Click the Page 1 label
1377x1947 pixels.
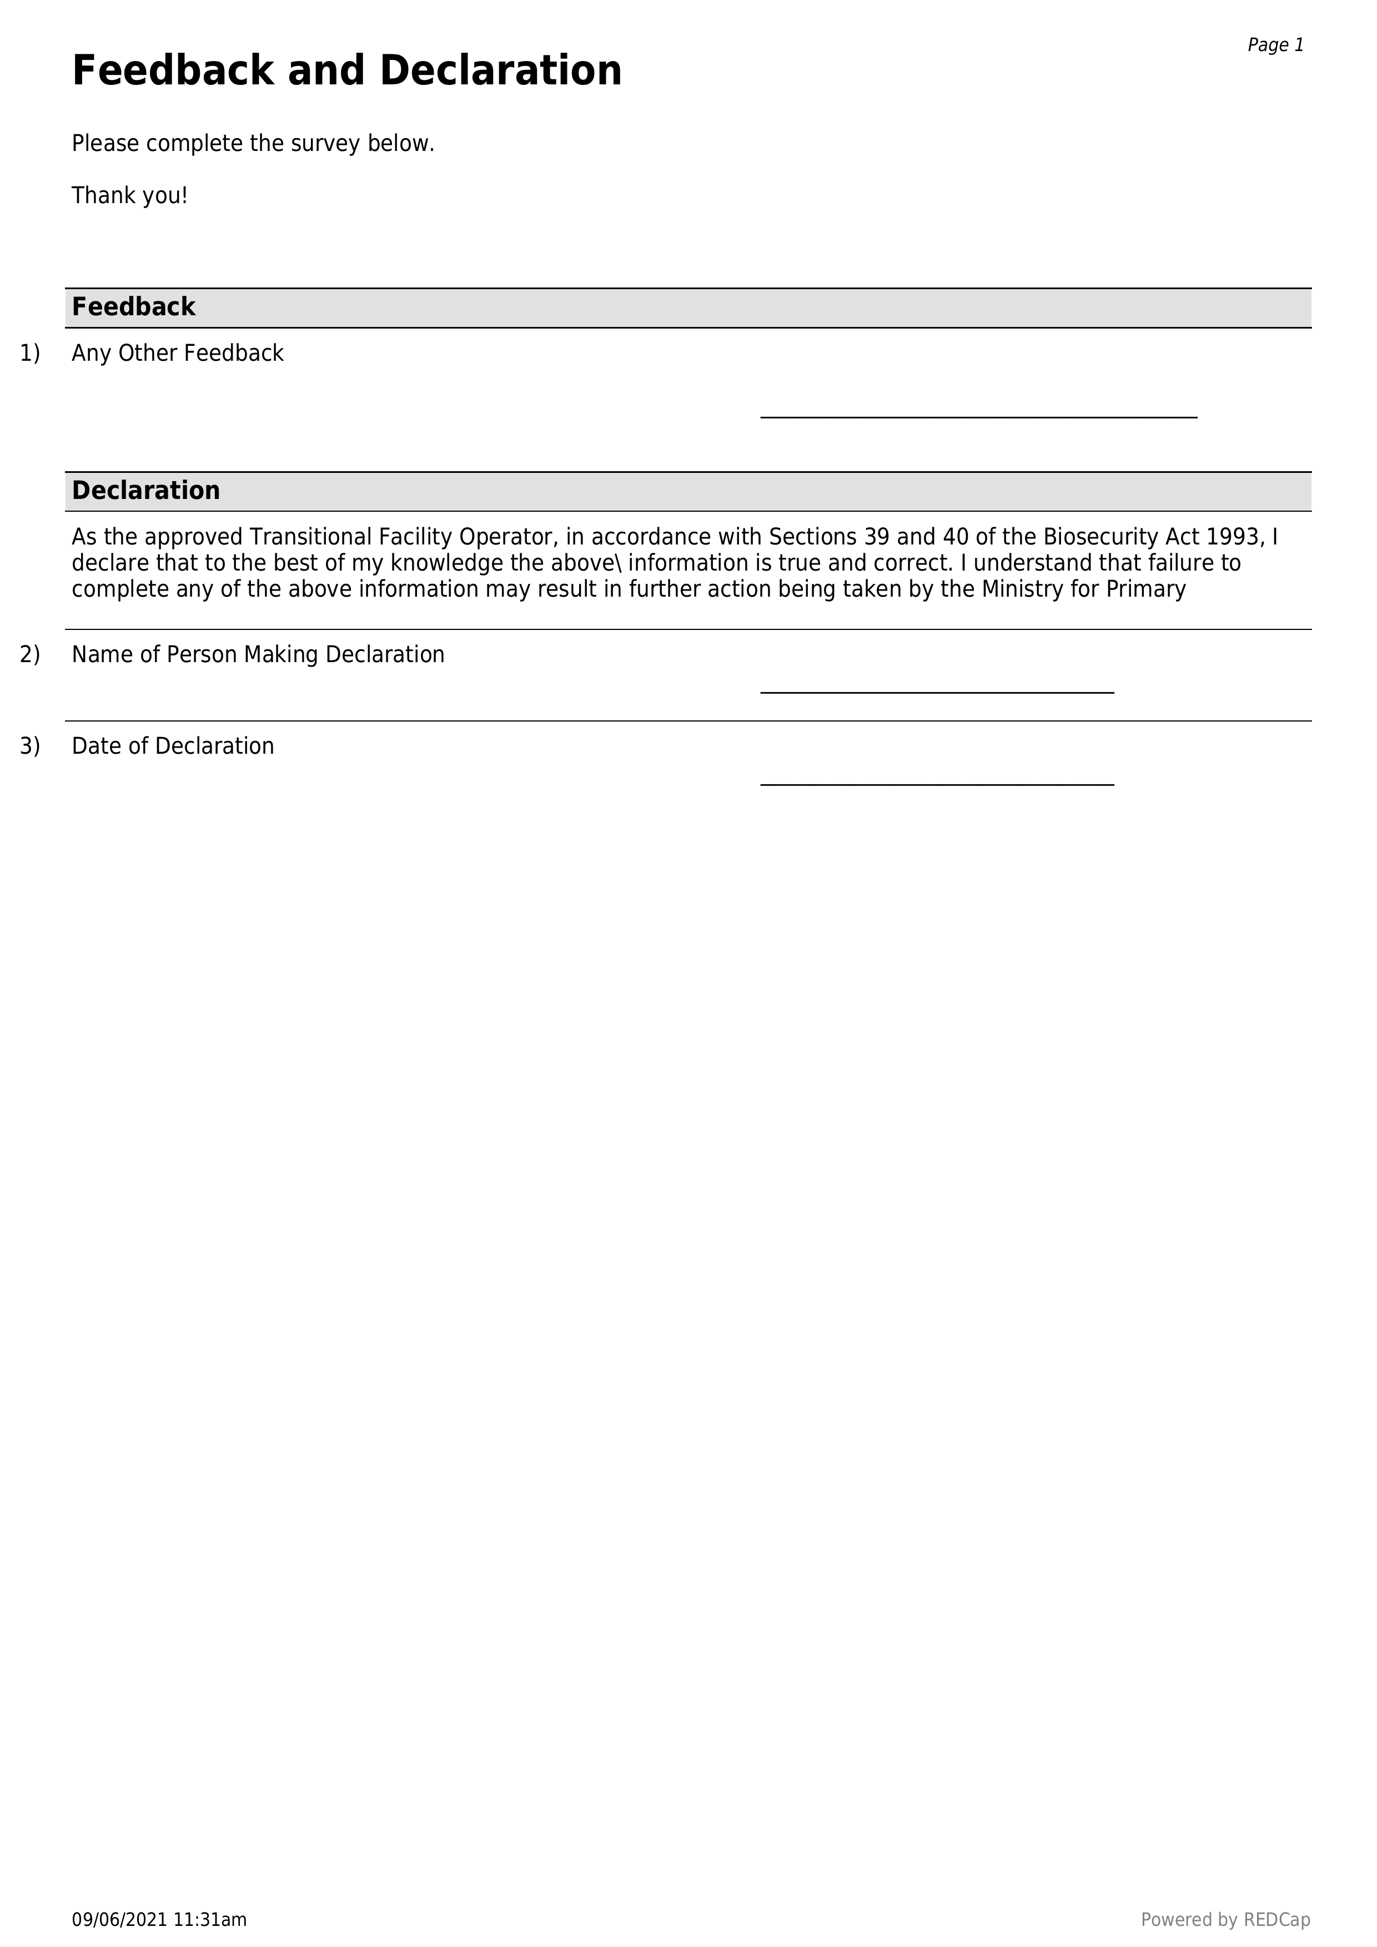click(1274, 45)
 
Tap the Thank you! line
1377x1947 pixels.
click(129, 196)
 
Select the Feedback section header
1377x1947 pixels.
click(133, 307)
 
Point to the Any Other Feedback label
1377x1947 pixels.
click(177, 354)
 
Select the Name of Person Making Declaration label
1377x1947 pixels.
click(258, 655)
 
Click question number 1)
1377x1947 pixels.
click(29, 354)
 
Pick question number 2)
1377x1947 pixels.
click(29, 655)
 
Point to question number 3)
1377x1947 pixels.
click(29, 746)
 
